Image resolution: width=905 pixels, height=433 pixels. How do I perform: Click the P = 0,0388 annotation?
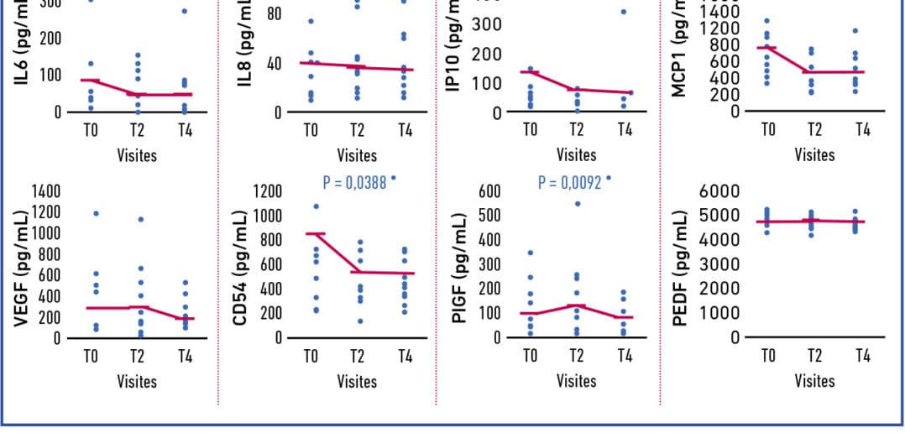pos(354,181)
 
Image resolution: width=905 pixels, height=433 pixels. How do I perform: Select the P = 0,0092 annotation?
pos(570,181)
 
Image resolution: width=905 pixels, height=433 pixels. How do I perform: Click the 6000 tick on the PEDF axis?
pos(719,191)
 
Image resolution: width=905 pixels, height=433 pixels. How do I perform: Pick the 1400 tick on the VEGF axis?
pos(46,191)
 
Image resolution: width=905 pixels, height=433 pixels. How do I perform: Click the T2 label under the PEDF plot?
pos(814,356)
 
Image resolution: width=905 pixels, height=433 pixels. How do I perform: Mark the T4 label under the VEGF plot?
pos(185,356)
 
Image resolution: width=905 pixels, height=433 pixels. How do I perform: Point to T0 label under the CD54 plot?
pos(311,356)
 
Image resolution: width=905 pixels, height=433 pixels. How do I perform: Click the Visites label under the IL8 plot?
pos(357,154)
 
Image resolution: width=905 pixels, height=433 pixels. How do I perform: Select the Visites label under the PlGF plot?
pos(577,380)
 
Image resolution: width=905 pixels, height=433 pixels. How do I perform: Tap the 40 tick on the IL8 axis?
pos(273,64)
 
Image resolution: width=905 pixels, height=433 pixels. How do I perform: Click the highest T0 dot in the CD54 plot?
pos(316,206)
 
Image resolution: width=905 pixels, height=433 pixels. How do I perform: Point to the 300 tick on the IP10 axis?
pos(488,24)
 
